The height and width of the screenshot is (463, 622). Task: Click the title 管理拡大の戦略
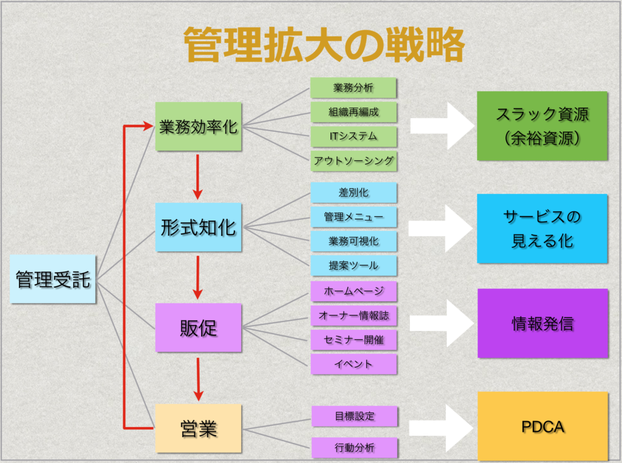(x=324, y=45)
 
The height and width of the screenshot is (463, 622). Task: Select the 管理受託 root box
(x=53, y=280)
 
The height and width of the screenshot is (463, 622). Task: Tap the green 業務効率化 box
(x=199, y=127)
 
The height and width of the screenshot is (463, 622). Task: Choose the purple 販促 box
(x=199, y=328)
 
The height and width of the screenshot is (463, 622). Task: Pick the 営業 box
(x=199, y=429)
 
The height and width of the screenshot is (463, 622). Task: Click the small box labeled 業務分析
(x=354, y=88)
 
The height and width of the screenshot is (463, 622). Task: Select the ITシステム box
(x=354, y=136)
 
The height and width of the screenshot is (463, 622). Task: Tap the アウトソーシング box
(x=354, y=161)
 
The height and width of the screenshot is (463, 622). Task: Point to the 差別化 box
(x=354, y=193)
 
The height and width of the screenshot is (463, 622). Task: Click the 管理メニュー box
(x=354, y=217)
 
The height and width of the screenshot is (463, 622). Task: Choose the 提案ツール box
(x=354, y=266)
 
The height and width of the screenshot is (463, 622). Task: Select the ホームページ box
(x=354, y=291)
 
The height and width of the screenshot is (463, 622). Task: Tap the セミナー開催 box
(x=354, y=340)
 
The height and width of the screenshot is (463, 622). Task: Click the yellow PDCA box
(x=542, y=426)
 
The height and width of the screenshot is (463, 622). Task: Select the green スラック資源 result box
(x=542, y=126)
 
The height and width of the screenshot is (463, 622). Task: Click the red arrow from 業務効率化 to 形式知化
(x=197, y=176)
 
